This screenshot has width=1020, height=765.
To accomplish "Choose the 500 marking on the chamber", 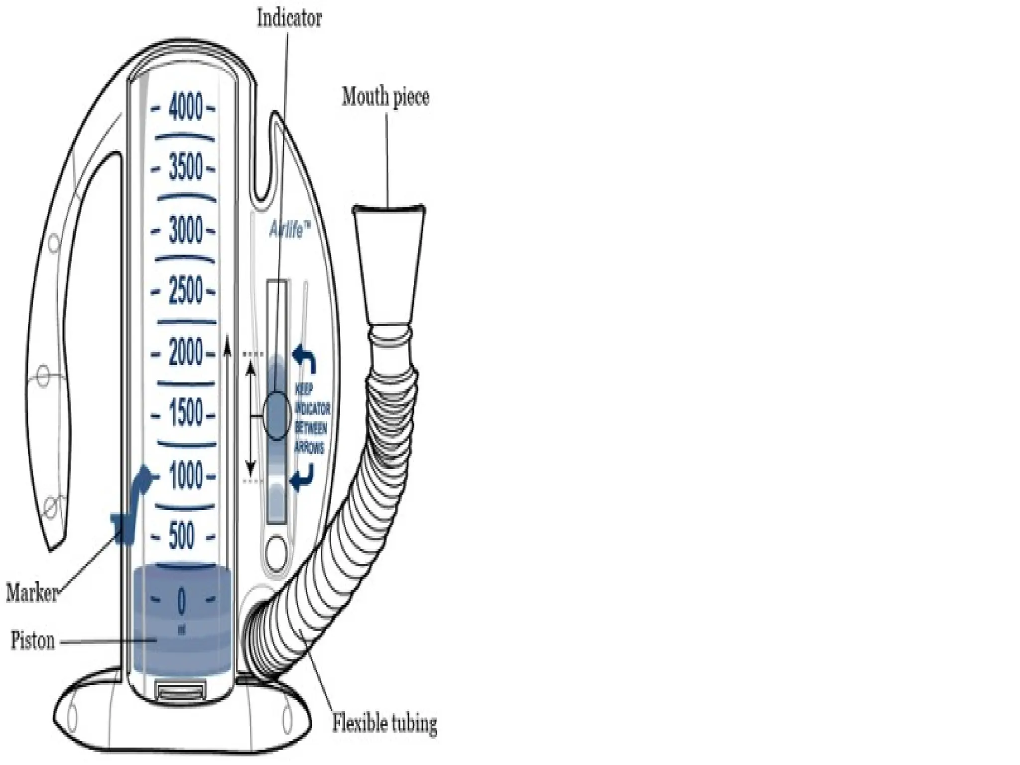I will tap(182, 536).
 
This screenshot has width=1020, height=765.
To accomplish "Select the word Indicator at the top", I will tap(289, 18).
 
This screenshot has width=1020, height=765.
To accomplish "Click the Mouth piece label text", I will tap(385, 96).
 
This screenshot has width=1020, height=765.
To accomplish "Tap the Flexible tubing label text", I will tap(384, 723).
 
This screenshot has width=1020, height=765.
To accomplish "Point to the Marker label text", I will tap(31, 593).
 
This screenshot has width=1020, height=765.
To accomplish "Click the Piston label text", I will tap(33, 640).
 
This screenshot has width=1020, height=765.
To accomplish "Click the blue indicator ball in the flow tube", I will tap(277, 415).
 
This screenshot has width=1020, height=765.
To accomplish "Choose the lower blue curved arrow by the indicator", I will tap(303, 477).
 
